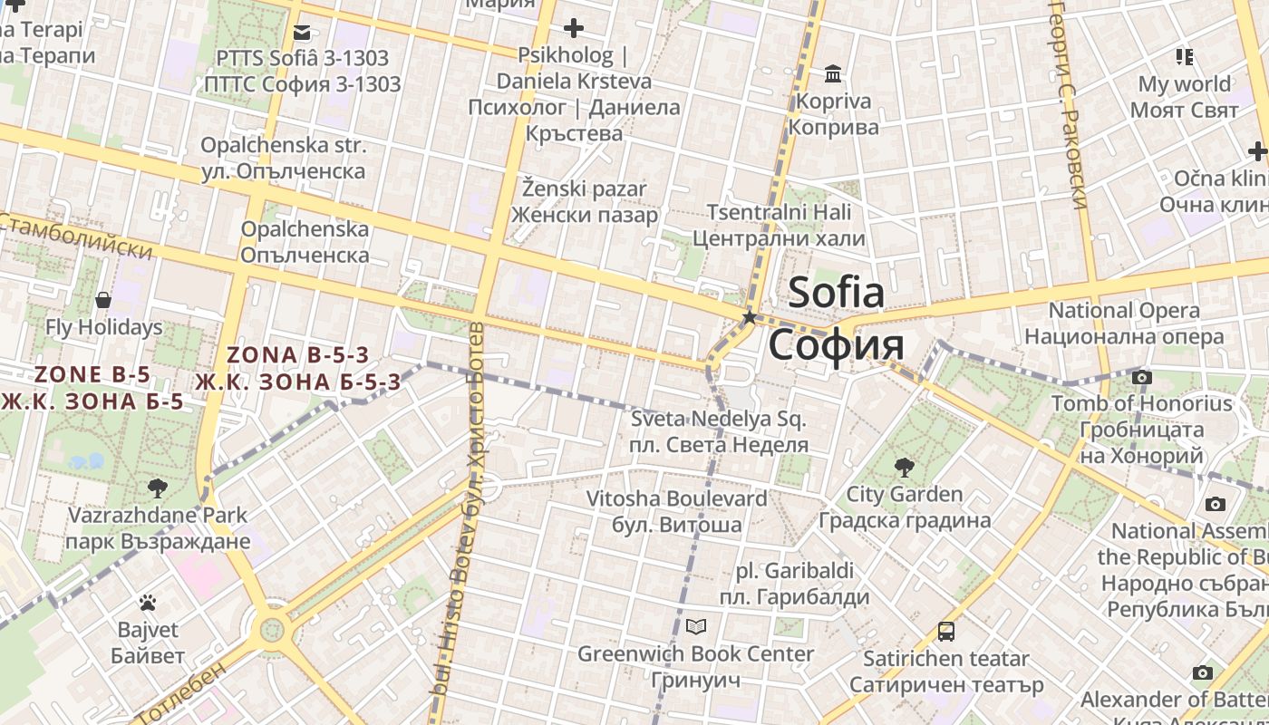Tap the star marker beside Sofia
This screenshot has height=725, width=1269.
pyautogui.click(x=750, y=317)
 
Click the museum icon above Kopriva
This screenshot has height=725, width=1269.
pyautogui.click(x=833, y=73)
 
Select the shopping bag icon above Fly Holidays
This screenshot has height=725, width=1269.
pyautogui.click(x=103, y=300)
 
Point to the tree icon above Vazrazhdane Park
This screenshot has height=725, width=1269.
pyautogui.click(x=158, y=488)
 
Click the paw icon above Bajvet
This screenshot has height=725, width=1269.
pyautogui.click(x=148, y=603)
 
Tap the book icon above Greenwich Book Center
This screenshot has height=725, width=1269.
pyautogui.click(x=696, y=626)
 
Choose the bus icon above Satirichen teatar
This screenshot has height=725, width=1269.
pyautogui.click(x=946, y=632)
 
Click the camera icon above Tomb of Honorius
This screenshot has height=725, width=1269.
pyautogui.click(x=1142, y=377)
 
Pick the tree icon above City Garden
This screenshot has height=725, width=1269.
pyautogui.click(x=904, y=468)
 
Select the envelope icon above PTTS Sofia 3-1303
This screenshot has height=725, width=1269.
pyautogui.click(x=302, y=34)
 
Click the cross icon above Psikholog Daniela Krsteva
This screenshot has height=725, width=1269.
pyautogui.click(x=573, y=28)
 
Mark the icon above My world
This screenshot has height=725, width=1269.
pyautogui.click(x=1184, y=57)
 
